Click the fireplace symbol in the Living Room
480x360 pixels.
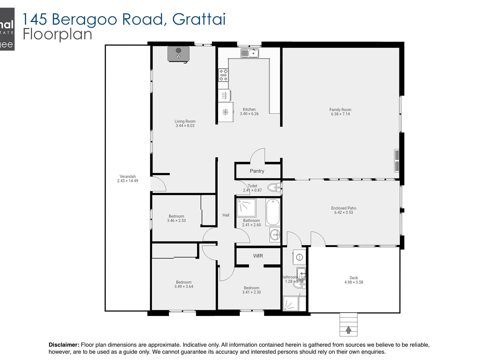click(178, 54)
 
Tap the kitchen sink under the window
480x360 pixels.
click(250, 53)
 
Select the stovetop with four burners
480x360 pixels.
click(223, 75)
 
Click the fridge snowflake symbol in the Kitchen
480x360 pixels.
click(225, 112)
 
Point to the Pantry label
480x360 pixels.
click(257, 171)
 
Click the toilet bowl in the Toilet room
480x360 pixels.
click(274, 187)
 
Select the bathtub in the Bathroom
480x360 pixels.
click(273, 212)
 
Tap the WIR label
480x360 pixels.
click(258, 256)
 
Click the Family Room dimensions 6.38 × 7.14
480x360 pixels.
click(340, 114)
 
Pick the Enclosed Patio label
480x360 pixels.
click(344, 208)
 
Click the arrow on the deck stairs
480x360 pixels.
click(348, 330)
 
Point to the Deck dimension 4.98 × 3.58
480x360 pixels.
click(354, 282)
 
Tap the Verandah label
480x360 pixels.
click(128, 177)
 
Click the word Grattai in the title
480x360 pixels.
click(199, 19)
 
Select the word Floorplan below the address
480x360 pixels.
click(57, 34)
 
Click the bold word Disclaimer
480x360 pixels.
click(64, 345)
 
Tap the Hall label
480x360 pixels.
click(226, 215)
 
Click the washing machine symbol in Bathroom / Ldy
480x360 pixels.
click(299, 257)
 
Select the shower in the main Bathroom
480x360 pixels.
click(247, 208)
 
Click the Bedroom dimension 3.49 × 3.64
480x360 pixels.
click(184, 287)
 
